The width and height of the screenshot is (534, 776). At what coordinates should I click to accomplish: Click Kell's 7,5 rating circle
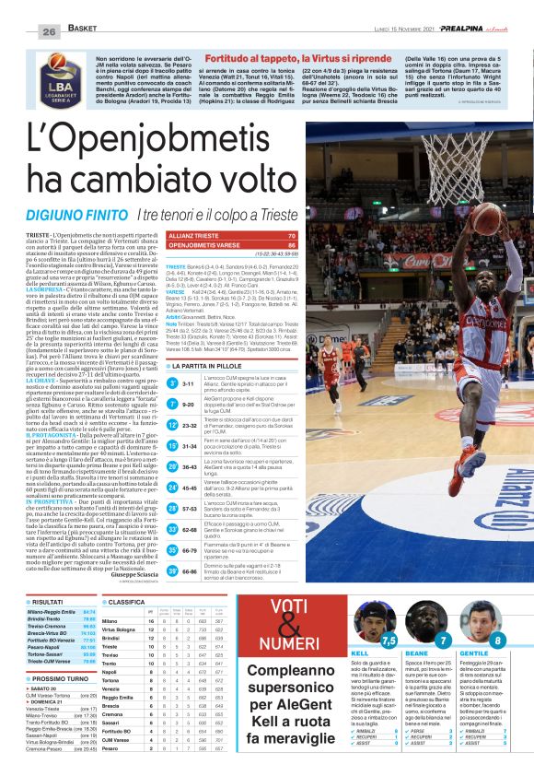[x=389, y=640]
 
